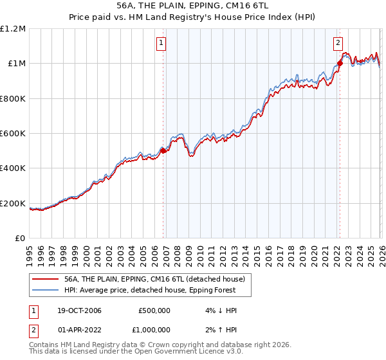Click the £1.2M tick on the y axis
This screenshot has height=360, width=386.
13,29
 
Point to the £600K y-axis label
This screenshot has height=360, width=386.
12,134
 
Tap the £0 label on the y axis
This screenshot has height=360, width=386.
21,239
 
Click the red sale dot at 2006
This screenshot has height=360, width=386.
163,151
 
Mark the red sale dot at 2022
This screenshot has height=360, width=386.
340,63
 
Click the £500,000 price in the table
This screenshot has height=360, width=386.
154,310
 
